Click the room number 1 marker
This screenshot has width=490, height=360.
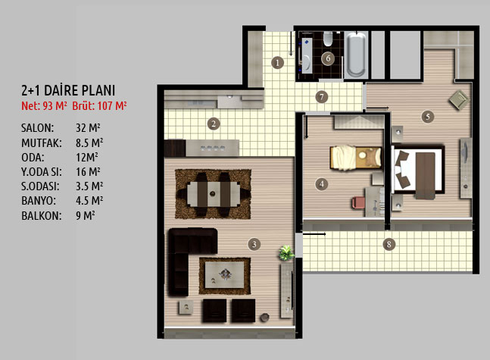(x=277, y=63)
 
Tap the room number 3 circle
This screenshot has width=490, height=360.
(x=254, y=244)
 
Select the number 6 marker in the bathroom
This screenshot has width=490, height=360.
(x=328, y=58)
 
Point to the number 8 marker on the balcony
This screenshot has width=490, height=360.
(x=389, y=244)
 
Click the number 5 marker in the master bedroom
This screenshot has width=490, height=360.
(x=427, y=117)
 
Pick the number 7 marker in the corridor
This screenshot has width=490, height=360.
(x=322, y=97)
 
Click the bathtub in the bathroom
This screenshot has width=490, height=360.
(x=356, y=54)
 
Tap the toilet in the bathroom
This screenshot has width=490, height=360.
(x=328, y=39)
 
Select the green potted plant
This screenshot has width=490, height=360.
(x=286, y=252)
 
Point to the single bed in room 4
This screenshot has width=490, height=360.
(x=356, y=158)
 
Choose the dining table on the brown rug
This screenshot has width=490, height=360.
(x=213, y=194)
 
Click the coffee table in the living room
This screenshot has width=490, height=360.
(x=224, y=275)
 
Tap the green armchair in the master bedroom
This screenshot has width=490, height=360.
(x=458, y=99)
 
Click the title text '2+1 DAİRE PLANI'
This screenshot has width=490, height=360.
(x=68, y=90)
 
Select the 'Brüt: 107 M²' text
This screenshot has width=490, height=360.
(x=99, y=106)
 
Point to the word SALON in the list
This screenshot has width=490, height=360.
(x=38, y=128)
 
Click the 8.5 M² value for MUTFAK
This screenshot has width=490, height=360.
(x=89, y=143)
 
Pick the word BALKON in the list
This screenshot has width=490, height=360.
(x=42, y=216)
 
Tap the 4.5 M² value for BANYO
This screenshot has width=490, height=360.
(x=89, y=201)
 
